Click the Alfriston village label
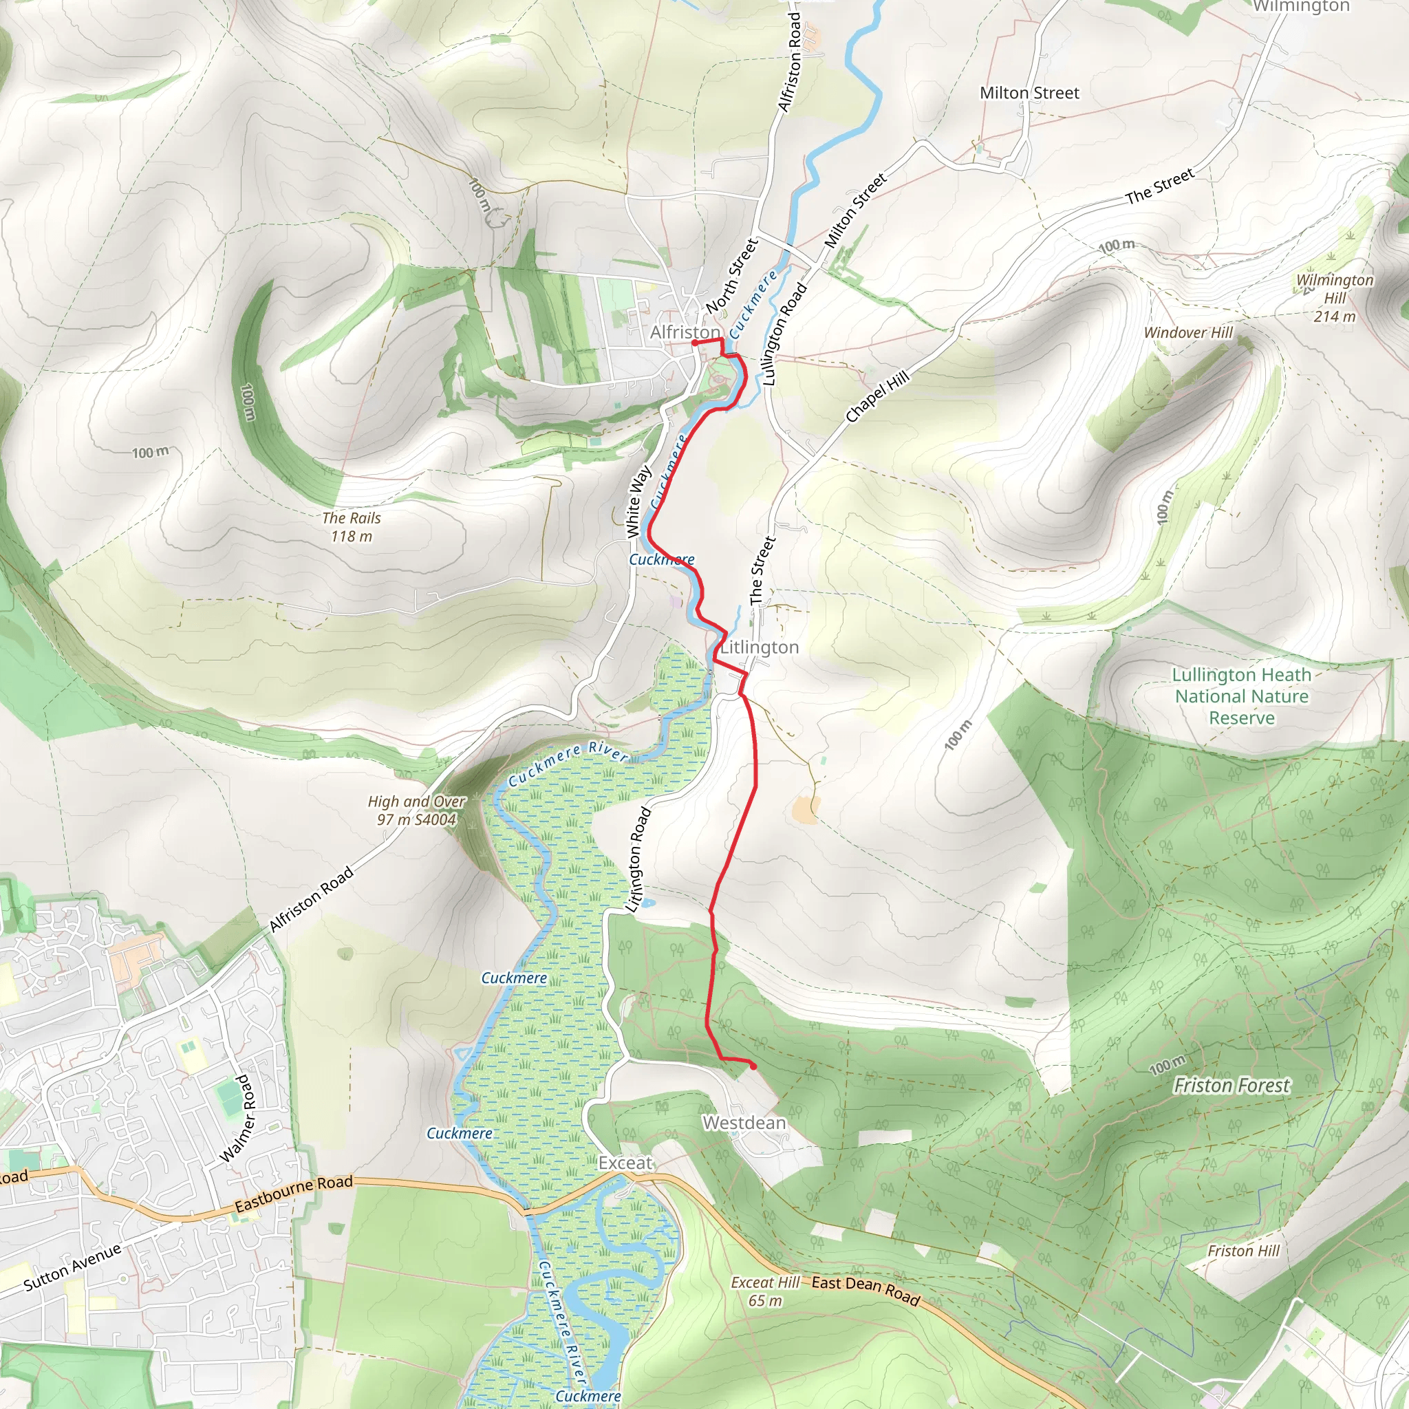(x=685, y=332)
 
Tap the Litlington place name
(x=760, y=647)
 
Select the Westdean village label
(x=744, y=1122)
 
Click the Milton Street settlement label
(x=1029, y=94)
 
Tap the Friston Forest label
(x=1231, y=1086)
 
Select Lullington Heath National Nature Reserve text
(x=1241, y=696)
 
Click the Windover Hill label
(x=1188, y=332)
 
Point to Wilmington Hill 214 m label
(x=1335, y=297)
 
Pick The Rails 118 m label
(x=352, y=526)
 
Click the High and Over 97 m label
(x=416, y=810)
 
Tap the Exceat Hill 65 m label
(x=765, y=1291)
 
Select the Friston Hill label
(x=1243, y=1251)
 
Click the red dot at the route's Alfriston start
(x=695, y=343)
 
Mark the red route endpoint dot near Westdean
(x=753, y=1066)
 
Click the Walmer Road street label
(x=239, y=1118)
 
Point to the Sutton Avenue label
(x=72, y=1267)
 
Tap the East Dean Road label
(x=865, y=1291)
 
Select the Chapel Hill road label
(x=877, y=396)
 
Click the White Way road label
(x=638, y=502)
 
